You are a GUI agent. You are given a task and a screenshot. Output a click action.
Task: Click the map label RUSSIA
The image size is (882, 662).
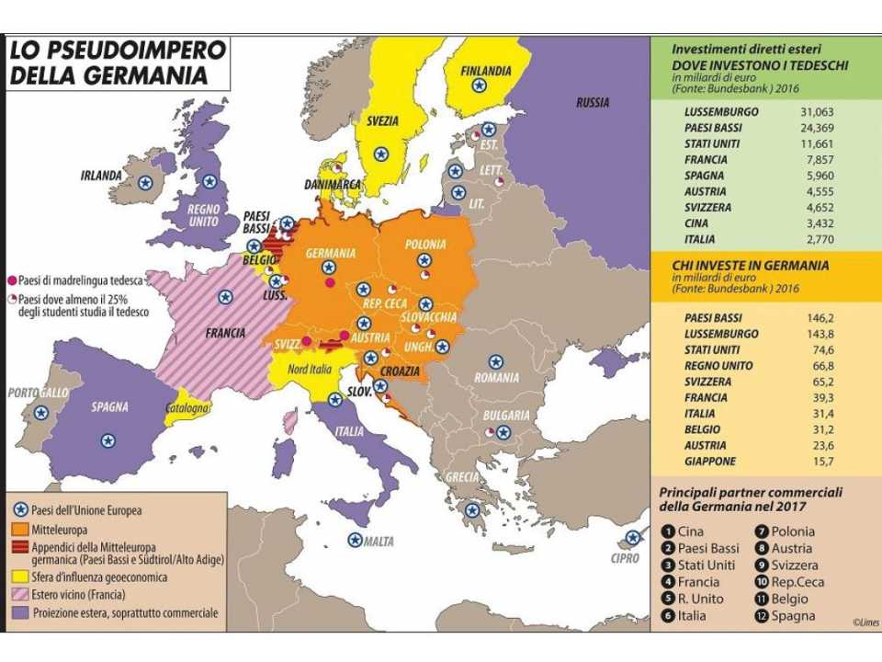tap(592, 103)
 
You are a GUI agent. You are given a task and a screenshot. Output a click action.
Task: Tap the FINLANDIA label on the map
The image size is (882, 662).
tap(485, 71)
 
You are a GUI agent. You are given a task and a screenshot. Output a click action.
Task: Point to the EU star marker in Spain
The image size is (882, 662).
tap(108, 439)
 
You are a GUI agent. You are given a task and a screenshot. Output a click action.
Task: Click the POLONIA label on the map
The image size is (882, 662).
tap(424, 245)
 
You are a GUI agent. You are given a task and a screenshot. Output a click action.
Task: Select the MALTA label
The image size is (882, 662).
tap(378, 541)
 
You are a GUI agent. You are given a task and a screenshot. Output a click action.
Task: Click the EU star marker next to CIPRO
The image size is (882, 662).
tap(632, 537)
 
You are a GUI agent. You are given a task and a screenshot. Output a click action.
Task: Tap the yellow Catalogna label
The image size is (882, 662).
tap(187, 407)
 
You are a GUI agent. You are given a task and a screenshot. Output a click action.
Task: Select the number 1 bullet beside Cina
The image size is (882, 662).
tap(667, 531)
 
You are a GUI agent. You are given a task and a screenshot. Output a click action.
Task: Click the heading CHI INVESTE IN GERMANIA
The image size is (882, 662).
tap(750, 266)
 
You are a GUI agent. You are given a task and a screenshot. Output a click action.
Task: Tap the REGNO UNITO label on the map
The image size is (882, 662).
tap(202, 215)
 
